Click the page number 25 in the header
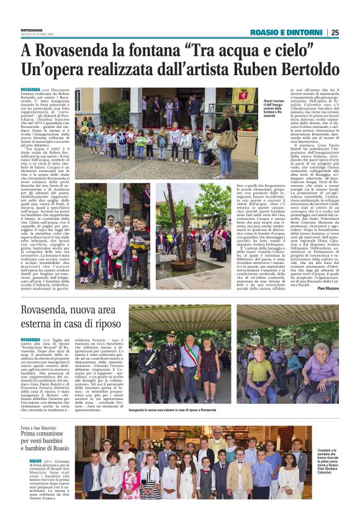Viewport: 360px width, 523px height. (x=352, y=32)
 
